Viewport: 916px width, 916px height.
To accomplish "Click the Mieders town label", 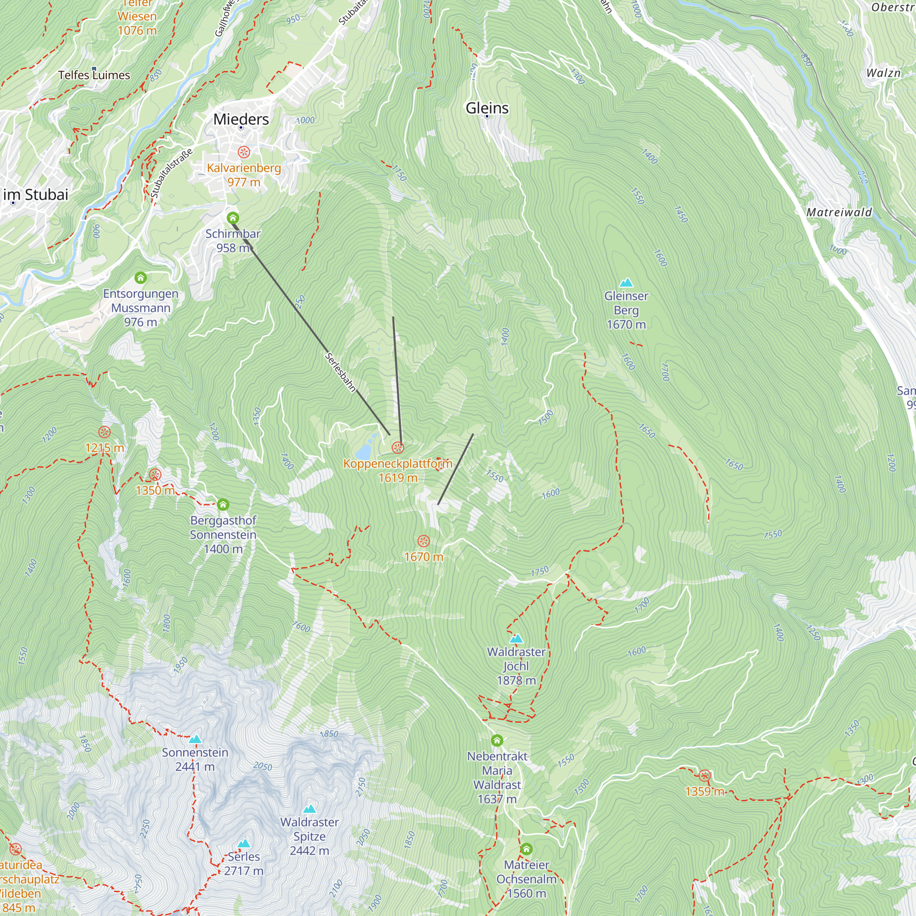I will pyautogui.click(x=241, y=119).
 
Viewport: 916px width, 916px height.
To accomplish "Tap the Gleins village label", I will pyautogui.click(x=487, y=108).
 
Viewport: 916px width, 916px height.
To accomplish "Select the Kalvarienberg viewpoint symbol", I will pyautogui.click(x=244, y=152).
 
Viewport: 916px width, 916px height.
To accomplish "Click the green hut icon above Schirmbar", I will pyautogui.click(x=233, y=218).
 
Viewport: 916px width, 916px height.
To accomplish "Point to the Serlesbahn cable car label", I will pyautogui.click(x=340, y=372).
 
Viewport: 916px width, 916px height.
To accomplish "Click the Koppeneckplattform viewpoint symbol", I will pyautogui.click(x=398, y=447).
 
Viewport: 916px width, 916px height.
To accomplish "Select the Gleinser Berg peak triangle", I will pyautogui.click(x=626, y=283).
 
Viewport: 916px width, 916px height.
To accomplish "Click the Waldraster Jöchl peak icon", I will pyautogui.click(x=516, y=638).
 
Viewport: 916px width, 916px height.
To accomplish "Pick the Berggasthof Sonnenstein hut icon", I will pyautogui.click(x=224, y=504).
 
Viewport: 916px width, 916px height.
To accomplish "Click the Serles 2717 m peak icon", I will pyautogui.click(x=244, y=844).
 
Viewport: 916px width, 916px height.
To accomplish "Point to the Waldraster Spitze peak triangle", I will pyautogui.click(x=310, y=809).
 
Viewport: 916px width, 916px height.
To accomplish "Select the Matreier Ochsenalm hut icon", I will pyautogui.click(x=526, y=849).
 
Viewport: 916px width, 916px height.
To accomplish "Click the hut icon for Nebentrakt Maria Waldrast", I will pyautogui.click(x=497, y=740).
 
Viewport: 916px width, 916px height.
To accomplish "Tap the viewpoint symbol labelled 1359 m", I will pyautogui.click(x=704, y=776).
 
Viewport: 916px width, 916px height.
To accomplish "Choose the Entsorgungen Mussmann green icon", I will pyautogui.click(x=141, y=278).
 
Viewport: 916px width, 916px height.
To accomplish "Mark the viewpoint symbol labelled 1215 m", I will pyautogui.click(x=105, y=432).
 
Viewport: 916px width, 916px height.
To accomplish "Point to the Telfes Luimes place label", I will pyautogui.click(x=94, y=76).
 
